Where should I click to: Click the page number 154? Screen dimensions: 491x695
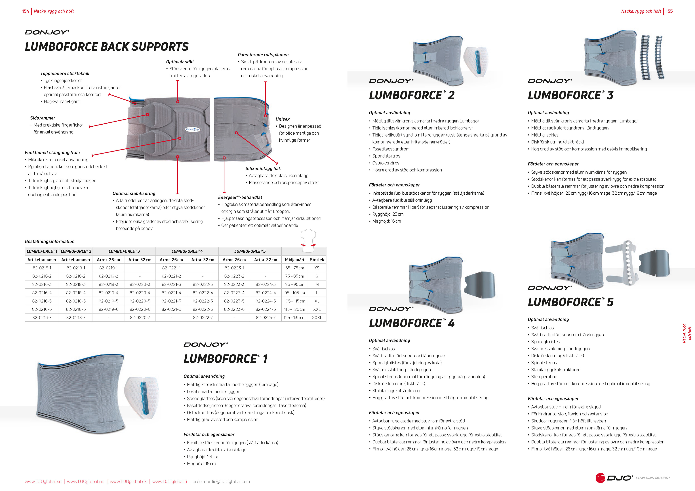click(x=25, y=11)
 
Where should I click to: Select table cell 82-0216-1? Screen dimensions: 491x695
click(x=42, y=268)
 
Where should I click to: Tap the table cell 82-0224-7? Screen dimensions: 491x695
click(x=266, y=317)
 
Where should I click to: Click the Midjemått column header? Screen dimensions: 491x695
click(x=294, y=260)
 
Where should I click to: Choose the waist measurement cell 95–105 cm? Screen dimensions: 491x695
click(x=294, y=293)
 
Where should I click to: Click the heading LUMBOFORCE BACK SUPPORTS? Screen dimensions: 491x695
click(x=107, y=47)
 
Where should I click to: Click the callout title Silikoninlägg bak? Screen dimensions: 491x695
click(x=263, y=169)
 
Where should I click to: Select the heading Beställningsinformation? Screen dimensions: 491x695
click(x=50, y=241)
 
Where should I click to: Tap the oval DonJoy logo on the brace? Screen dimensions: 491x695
click(x=192, y=129)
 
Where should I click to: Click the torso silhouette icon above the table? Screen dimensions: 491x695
click(x=308, y=241)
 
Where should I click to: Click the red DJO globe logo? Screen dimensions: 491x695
click(x=600, y=478)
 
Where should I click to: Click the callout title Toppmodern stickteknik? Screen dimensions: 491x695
click(x=65, y=73)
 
